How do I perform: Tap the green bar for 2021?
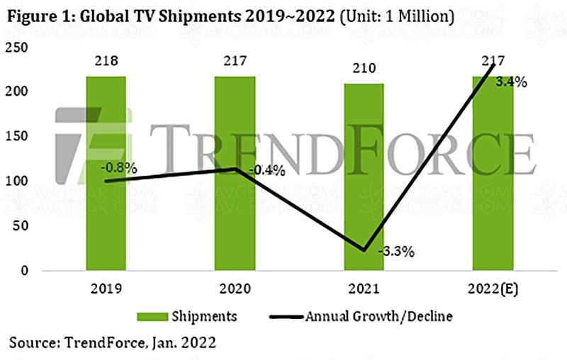tap(364, 176)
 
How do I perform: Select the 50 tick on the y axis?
tap(21, 226)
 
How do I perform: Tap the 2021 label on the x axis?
tap(364, 291)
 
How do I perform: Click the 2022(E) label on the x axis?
tap(492, 291)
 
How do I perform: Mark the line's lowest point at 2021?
tap(364, 249)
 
